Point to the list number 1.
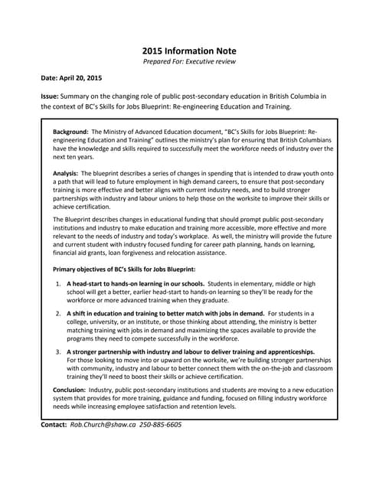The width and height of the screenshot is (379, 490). [59, 283]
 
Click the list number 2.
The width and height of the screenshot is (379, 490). [59, 314]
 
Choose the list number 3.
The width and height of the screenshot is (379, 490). [59, 351]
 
